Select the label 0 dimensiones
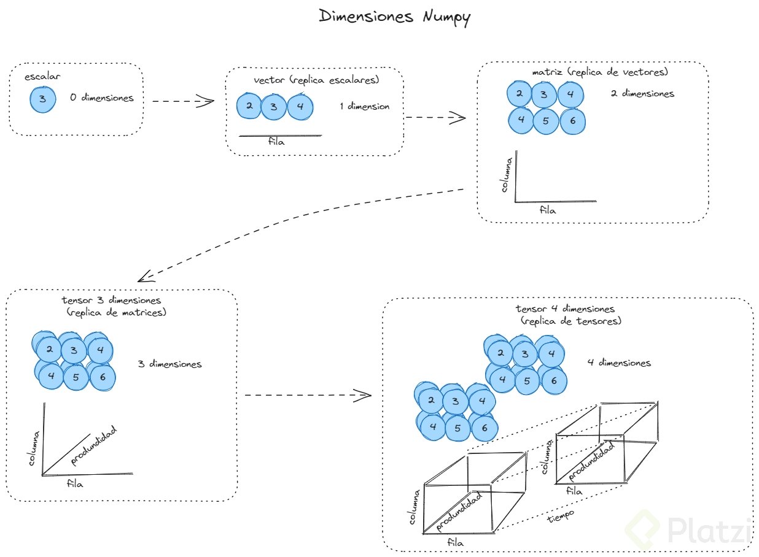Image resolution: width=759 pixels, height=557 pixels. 101,98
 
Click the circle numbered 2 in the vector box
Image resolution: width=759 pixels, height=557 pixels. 249,106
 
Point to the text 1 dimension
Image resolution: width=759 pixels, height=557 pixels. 364,106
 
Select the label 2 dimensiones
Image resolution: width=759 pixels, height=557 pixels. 642,94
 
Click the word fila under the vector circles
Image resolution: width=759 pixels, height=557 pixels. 278,142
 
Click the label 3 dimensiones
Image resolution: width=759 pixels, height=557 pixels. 169,364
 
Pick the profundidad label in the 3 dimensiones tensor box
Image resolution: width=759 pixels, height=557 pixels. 94,445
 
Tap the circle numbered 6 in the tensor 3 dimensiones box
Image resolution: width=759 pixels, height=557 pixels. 102,377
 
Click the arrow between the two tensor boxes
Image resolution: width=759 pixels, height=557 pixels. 307,395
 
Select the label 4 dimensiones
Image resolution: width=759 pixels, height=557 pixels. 618,363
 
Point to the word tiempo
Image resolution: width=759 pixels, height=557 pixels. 559,517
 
